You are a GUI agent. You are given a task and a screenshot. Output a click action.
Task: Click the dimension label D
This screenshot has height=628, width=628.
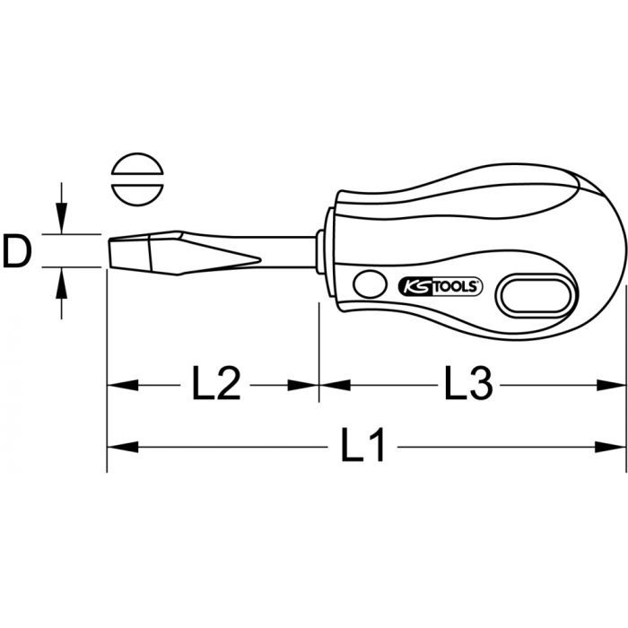[x=17, y=251]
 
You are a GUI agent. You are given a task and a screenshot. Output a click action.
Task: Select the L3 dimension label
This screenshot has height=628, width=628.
[x=468, y=384]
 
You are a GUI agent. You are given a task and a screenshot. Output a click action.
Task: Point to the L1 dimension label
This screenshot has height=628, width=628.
[x=362, y=445]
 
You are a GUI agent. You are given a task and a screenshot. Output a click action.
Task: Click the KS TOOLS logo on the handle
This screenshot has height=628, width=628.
[x=440, y=287]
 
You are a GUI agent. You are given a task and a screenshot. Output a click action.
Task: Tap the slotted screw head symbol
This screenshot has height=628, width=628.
[x=137, y=179]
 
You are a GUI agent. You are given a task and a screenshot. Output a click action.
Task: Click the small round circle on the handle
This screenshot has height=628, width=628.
[x=370, y=284]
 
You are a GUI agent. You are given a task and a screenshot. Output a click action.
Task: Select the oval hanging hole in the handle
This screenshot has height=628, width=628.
[x=536, y=296]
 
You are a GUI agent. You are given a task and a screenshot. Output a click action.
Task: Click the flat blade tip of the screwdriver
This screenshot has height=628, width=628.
[x=109, y=253]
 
